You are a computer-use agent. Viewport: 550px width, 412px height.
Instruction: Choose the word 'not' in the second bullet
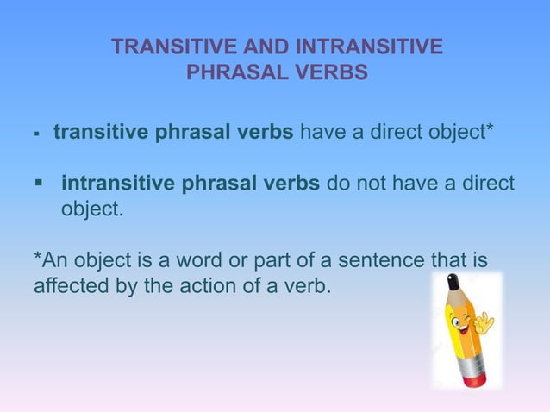pos(397,184)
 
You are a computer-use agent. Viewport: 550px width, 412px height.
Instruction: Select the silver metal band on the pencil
pos(471,365)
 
